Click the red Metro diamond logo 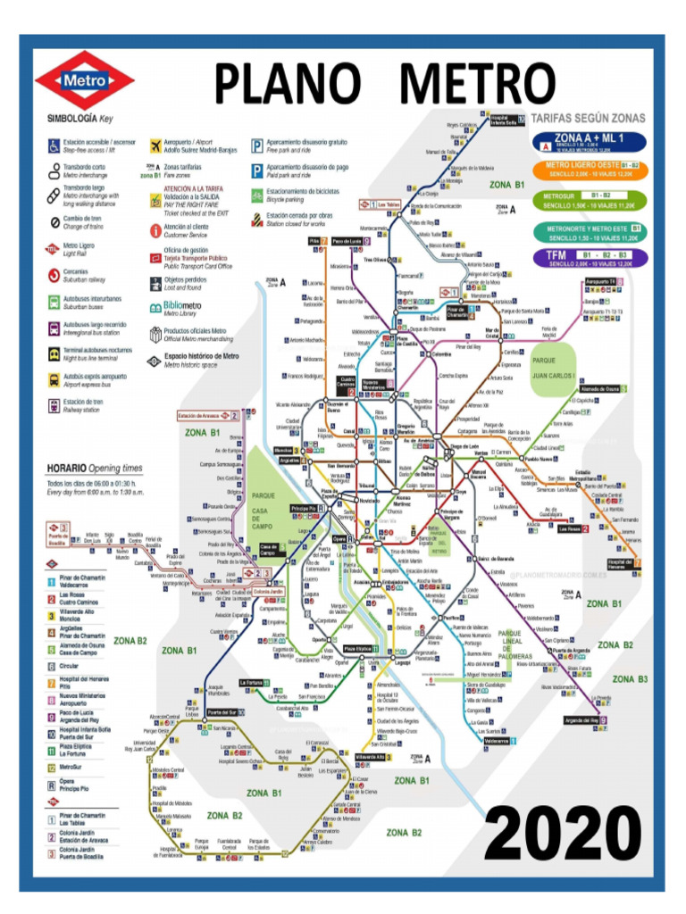tap(84, 80)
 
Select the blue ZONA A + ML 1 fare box tap(589, 141)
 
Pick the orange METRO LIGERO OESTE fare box tap(590, 170)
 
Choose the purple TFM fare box tap(590, 258)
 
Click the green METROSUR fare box tap(590, 200)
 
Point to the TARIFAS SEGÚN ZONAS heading tap(588, 118)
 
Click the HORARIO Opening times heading tap(94, 468)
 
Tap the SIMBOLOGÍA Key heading tap(80, 118)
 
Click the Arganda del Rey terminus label tap(581, 720)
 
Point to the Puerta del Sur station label tap(221, 712)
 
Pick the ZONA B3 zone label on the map tap(630, 679)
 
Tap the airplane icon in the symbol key tap(155, 145)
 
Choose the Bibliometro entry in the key tap(176, 306)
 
